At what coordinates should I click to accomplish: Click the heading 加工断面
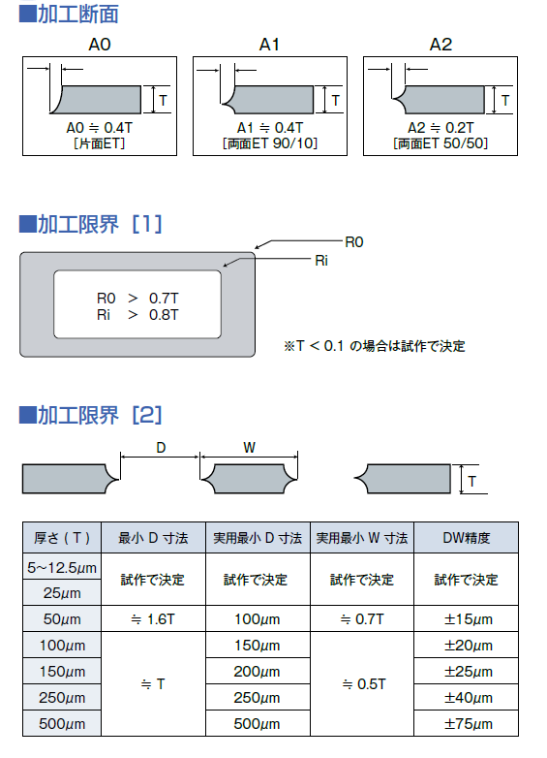[x=69, y=14]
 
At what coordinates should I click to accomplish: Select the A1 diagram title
[x=269, y=45]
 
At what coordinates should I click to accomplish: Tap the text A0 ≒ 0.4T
[x=100, y=128]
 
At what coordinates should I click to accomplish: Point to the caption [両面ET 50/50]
[x=441, y=143]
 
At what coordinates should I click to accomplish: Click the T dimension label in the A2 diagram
[x=505, y=101]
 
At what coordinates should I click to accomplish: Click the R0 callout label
[x=354, y=241]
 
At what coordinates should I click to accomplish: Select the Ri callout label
[x=321, y=261]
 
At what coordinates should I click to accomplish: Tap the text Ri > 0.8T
[x=137, y=315]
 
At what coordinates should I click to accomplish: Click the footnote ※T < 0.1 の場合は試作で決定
[x=375, y=346]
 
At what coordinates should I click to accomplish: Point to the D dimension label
[x=161, y=448]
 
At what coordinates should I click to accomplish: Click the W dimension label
[x=249, y=448]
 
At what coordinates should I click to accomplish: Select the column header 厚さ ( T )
[x=62, y=538]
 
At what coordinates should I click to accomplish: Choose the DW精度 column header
[x=467, y=538]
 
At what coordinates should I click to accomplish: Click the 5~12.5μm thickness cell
[x=62, y=567]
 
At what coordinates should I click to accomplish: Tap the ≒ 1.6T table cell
[x=153, y=619]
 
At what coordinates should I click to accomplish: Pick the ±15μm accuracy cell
[x=467, y=619]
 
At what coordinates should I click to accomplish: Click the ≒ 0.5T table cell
[x=363, y=684]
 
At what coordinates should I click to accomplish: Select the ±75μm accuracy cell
[x=467, y=724]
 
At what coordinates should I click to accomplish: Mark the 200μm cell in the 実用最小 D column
[x=258, y=672]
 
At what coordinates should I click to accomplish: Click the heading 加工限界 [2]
[x=90, y=415]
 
